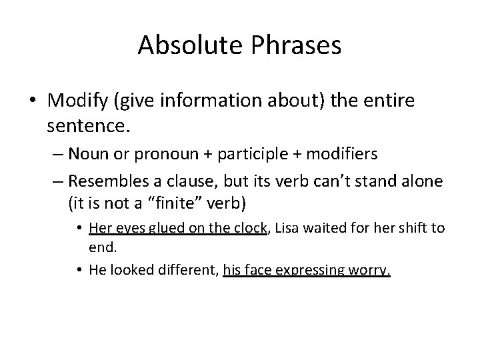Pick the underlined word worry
coord(373,271)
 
